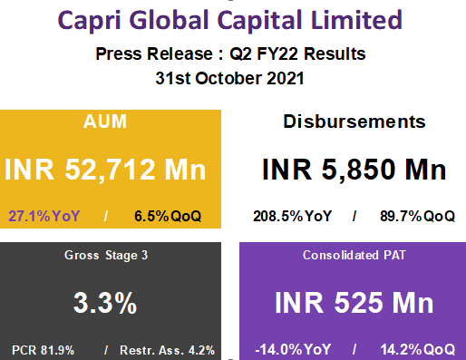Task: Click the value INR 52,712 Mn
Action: pyautogui.click(x=106, y=170)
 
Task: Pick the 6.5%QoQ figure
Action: pyautogui.click(x=167, y=217)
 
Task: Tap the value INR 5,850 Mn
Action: pyautogui.click(x=354, y=170)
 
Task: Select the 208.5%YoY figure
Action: pyautogui.click(x=290, y=217)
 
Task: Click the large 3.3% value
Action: pyautogui.click(x=106, y=303)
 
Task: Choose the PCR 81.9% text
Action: pyautogui.click(x=44, y=349)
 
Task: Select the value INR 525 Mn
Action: pyautogui.click(x=354, y=303)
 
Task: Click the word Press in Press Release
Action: pyautogui.click(x=117, y=54)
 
